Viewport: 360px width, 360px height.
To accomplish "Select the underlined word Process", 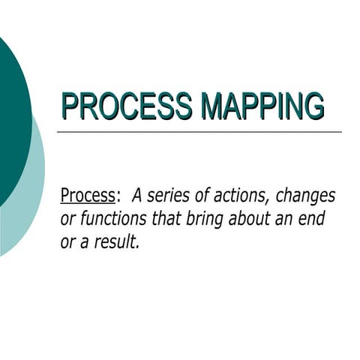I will click(x=87, y=196).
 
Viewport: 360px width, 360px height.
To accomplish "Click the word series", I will click(x=167, y=196).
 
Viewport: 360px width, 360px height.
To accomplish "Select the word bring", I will click(x=212, y=220).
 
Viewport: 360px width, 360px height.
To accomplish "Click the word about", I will click(x=256, y=220).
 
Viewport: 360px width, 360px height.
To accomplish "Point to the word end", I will click(x=318, y=220).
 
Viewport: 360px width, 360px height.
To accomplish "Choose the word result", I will click(x=115, y=242).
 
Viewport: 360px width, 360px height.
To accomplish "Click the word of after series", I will click(x=197, y=196).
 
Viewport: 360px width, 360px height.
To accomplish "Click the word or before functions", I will click(x=67, y=220).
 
